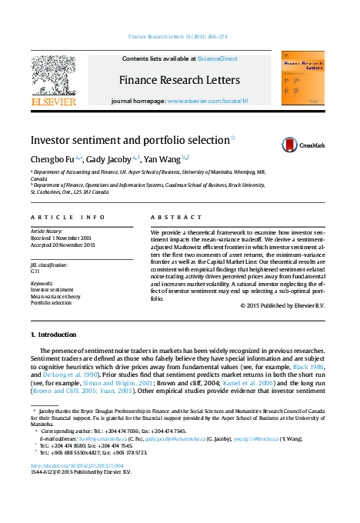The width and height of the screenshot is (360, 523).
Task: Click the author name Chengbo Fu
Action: tap(52, 159)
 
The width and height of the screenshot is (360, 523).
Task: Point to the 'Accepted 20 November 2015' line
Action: tap(63, 245)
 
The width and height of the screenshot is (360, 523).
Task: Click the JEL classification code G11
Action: tap(35, 271)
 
